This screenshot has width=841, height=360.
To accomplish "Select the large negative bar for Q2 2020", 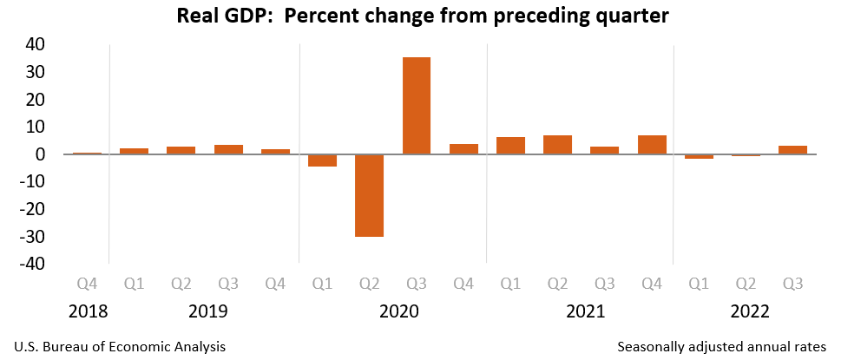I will pos(370,195).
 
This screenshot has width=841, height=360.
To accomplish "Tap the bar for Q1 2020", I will pos(323,160).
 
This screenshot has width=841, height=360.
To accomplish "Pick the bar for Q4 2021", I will pos(652,145).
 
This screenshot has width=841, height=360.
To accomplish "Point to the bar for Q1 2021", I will pos(510,146).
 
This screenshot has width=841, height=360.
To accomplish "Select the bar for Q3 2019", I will pos(228,149).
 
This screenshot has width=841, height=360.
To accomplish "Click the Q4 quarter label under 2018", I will pos(87,283).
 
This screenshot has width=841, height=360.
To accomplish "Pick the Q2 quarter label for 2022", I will pos(746,283).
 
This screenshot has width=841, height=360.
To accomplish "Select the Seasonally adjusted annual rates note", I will pos(722,346).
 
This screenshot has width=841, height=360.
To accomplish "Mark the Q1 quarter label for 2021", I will pos(510,283).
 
